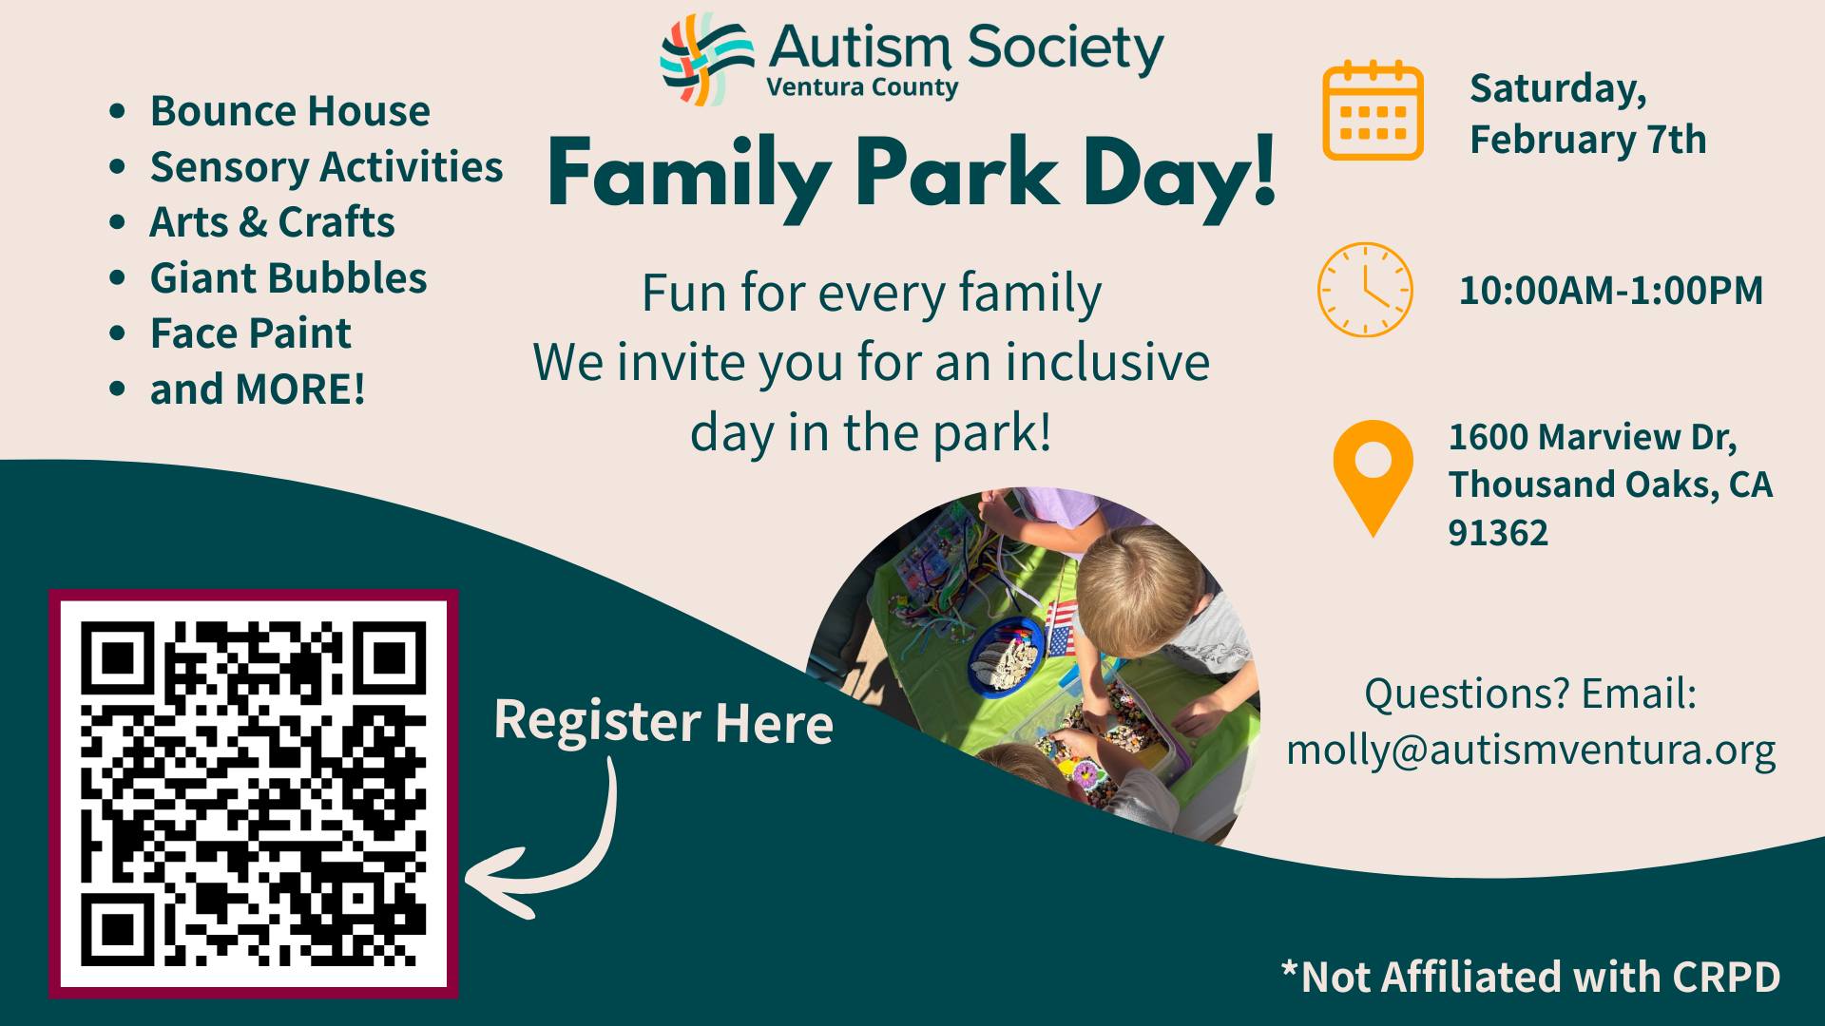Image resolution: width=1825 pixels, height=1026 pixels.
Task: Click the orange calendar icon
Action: click(1373, 110)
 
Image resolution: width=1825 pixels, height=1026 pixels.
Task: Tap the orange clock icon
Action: click(1365, 290)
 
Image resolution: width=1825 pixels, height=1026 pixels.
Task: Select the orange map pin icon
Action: click(1373, 478)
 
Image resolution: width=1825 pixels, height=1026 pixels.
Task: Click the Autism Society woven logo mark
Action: click(706, 59)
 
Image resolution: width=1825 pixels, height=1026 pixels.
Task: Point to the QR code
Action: click(254, 793)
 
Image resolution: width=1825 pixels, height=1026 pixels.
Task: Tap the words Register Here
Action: click(663, 721)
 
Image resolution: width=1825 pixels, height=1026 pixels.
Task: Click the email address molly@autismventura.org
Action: click(1530, 750)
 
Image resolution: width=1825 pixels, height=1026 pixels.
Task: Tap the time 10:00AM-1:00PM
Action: click(1611, 290)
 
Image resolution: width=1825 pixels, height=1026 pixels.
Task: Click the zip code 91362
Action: click(1498, 533)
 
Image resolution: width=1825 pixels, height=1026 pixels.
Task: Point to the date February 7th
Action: click(1588, 140)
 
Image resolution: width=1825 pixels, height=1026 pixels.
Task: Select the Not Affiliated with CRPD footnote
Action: click(1530, 977)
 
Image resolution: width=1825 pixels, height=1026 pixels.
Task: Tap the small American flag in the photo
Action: click(1063, 628)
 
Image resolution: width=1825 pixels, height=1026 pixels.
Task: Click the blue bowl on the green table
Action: click(1007, 656)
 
